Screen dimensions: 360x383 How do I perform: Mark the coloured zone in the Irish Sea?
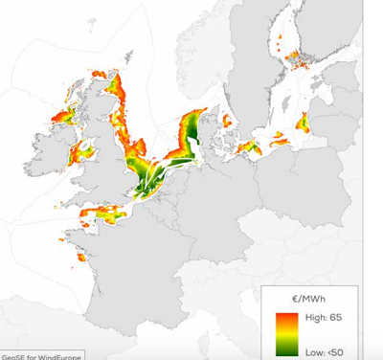coord(83,148)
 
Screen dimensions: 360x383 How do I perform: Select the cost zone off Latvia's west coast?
coord(304,122)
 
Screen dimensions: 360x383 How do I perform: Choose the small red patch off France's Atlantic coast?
coord(81,257)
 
